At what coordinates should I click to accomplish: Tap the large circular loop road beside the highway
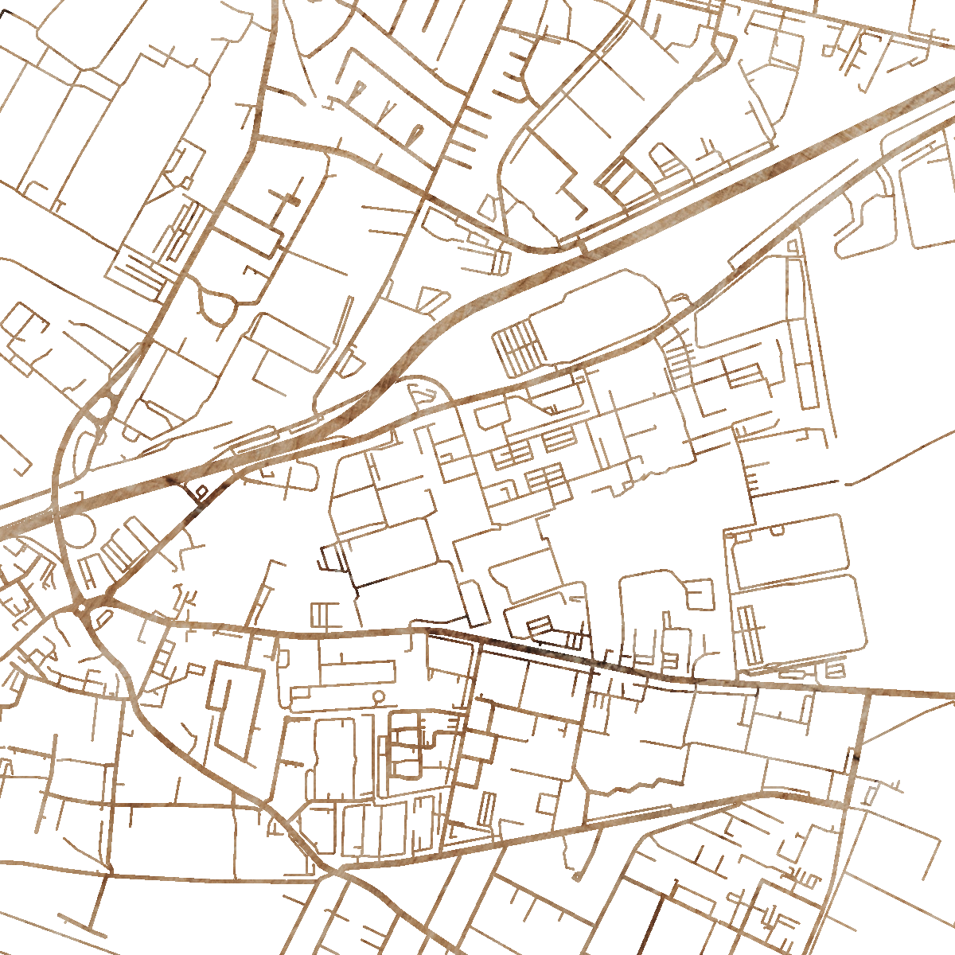click(78, 532)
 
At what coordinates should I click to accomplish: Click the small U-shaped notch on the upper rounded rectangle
click(778, 529)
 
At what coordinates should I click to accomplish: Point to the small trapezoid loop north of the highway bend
click(433, 300)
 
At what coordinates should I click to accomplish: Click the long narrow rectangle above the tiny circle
click(342, 672)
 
